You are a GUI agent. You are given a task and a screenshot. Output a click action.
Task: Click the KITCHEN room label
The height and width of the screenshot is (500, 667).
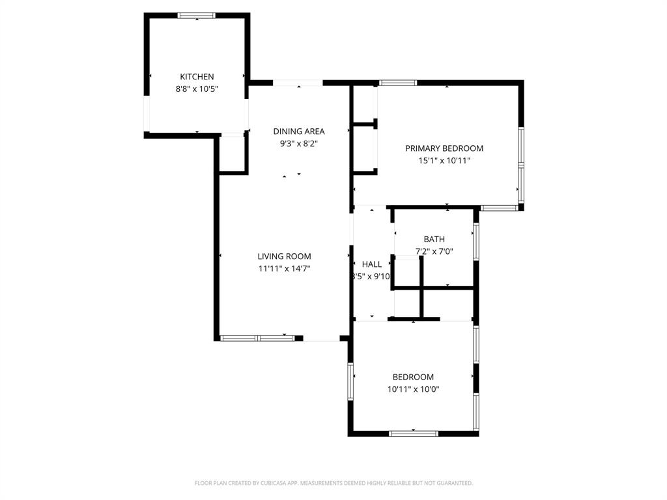tap(197, 77)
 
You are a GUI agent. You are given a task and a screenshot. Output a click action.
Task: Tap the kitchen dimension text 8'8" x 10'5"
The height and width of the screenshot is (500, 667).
tap(197, 89)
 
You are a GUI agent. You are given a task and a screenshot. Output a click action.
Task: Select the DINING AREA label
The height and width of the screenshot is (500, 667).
tap(298, 132)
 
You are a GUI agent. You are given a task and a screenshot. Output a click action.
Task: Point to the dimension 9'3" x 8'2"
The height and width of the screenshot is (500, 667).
tap(298, 144)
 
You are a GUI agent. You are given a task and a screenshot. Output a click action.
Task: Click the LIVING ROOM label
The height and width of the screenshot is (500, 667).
tap(284, 257)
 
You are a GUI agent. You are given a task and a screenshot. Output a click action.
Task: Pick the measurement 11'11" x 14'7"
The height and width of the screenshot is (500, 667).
tap(284, 268)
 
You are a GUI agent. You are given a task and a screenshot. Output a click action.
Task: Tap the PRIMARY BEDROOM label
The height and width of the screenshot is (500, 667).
tap(444, 148)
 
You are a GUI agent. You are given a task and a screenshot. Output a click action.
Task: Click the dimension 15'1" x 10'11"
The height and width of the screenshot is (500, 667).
tap(444, 161)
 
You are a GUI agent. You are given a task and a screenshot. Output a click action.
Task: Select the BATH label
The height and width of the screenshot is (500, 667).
tap(434, 240)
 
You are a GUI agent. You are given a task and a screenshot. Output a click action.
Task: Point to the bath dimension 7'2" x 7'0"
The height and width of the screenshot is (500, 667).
tap(434, 251)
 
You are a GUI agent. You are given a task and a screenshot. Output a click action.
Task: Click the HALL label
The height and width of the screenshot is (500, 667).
tap(372, 264)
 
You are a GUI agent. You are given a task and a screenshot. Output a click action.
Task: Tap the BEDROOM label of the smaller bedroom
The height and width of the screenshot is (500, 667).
tap(413, 377)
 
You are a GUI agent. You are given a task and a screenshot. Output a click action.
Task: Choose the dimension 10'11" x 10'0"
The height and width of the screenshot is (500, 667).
tap(413, 389)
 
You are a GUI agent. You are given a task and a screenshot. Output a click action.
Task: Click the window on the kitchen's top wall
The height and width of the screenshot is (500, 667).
tap(197, 16)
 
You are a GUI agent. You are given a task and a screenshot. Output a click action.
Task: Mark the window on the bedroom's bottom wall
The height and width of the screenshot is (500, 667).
tap(413, 433)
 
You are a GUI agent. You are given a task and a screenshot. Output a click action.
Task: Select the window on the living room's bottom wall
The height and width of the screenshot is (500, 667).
tap(258, 338)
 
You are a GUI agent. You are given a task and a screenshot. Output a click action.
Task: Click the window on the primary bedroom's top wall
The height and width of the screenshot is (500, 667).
tap(398, 83)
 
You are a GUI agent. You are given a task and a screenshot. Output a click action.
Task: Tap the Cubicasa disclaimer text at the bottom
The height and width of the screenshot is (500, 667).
tap(333, 483)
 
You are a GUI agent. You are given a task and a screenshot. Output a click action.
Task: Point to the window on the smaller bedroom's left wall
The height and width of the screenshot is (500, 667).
tap(350, 382)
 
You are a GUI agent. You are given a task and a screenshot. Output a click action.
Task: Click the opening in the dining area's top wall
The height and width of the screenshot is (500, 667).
tap(298, 83)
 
